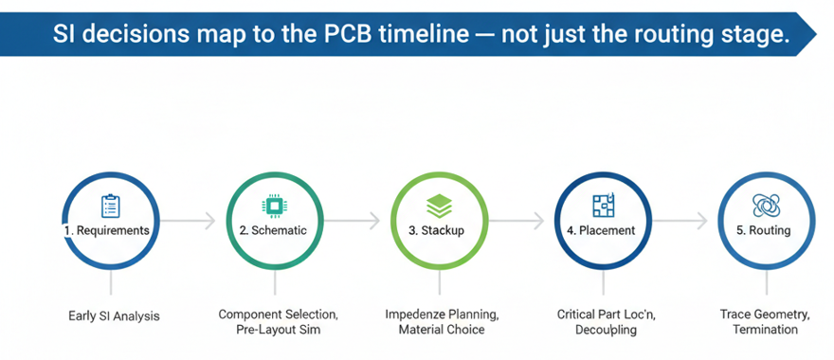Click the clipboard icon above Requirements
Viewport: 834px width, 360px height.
click(110, 206)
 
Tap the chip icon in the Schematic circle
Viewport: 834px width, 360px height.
click(274, 206)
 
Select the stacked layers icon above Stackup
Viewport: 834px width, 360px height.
click(440, 206)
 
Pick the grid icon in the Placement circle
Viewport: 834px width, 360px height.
click(603, 206)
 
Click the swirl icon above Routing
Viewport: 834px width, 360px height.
click(767, 206)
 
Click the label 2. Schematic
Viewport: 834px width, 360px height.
click(273, 231)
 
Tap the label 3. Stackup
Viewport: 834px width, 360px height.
click(436, 231)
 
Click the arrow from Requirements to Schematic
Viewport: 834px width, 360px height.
click(188, 220)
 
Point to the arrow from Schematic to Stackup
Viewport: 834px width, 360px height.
click(352, 220)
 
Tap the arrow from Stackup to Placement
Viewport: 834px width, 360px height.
click(517, 220)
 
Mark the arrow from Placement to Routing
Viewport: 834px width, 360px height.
click(680, 220)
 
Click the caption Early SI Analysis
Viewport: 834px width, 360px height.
click(114, 316)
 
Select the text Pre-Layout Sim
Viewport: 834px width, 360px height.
click(279, 330)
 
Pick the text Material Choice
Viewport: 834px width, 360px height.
click(442, 330)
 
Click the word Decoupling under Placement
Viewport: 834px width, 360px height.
click(606, 331)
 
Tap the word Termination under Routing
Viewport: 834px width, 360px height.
click(765, 330)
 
